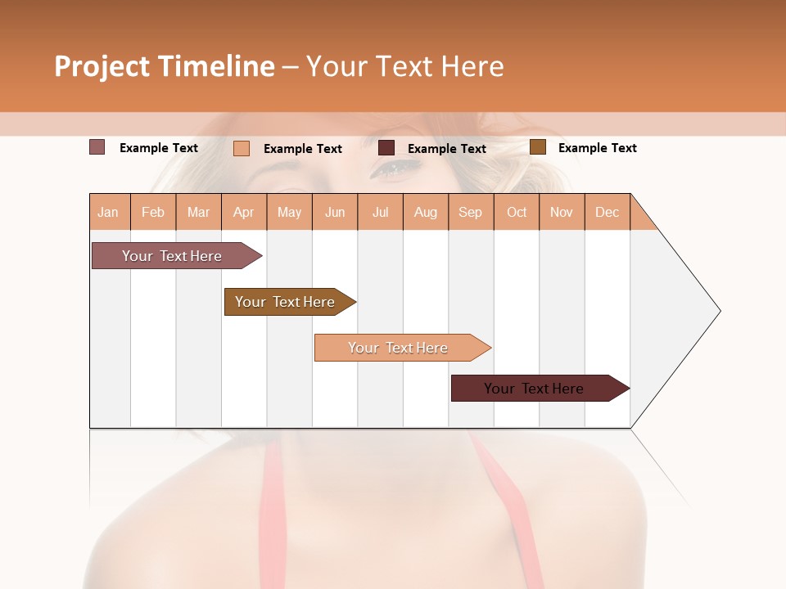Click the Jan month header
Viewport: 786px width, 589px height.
click(x=109, y=212)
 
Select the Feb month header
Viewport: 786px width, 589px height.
click(x=153, y=212)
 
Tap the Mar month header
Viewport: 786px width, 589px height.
click(x=198, y=212)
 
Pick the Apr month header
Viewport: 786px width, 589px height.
click(x=244, y=212)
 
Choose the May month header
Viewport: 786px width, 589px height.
click(x=289, y=212)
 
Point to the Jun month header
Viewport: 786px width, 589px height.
click(x=335, y=212)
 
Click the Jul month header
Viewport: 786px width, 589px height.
click(x=380, y=212)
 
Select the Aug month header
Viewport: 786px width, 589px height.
click(x=426, y=212)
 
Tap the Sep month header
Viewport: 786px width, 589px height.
click(x=471, y=212)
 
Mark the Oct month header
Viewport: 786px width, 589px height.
click(x=517, y=212)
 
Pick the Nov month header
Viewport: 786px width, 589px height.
click(x=562, y=212)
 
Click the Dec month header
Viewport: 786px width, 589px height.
click(x=608, y=212)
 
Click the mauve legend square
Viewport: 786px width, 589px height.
click(x=97, y=147)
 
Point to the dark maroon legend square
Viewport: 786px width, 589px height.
click(x=386, y=147)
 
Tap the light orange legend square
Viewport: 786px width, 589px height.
click(x=242, y=148)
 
